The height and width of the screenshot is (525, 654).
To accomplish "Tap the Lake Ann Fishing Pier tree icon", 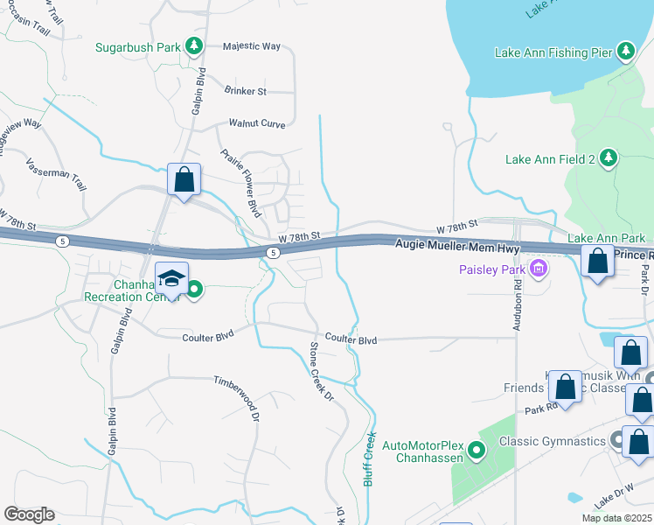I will point(625,52).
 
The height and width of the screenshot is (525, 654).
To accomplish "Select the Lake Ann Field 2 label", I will point(549,159).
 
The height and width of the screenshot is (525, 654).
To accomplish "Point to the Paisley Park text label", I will point(492,269).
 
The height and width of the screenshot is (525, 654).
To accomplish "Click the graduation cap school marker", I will point(171,278).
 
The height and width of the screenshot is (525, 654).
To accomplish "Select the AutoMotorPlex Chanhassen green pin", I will point(477,451).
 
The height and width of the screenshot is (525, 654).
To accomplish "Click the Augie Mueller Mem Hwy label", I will point(456,248).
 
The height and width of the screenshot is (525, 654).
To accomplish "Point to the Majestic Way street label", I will point(251,46).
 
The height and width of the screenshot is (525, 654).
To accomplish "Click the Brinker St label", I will point(245,91).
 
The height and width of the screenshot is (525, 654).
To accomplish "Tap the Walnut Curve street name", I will point(257,124).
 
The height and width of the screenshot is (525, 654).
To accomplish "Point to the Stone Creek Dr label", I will point(322,371).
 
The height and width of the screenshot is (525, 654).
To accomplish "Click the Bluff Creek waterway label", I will point(370,458).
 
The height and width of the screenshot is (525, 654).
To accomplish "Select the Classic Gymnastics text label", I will point(553,441).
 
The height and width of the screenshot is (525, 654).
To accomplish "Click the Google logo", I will point(29,514).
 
